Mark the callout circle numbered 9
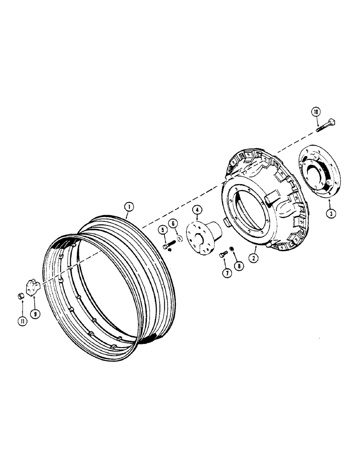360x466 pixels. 35,314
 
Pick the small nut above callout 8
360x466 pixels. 233,249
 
